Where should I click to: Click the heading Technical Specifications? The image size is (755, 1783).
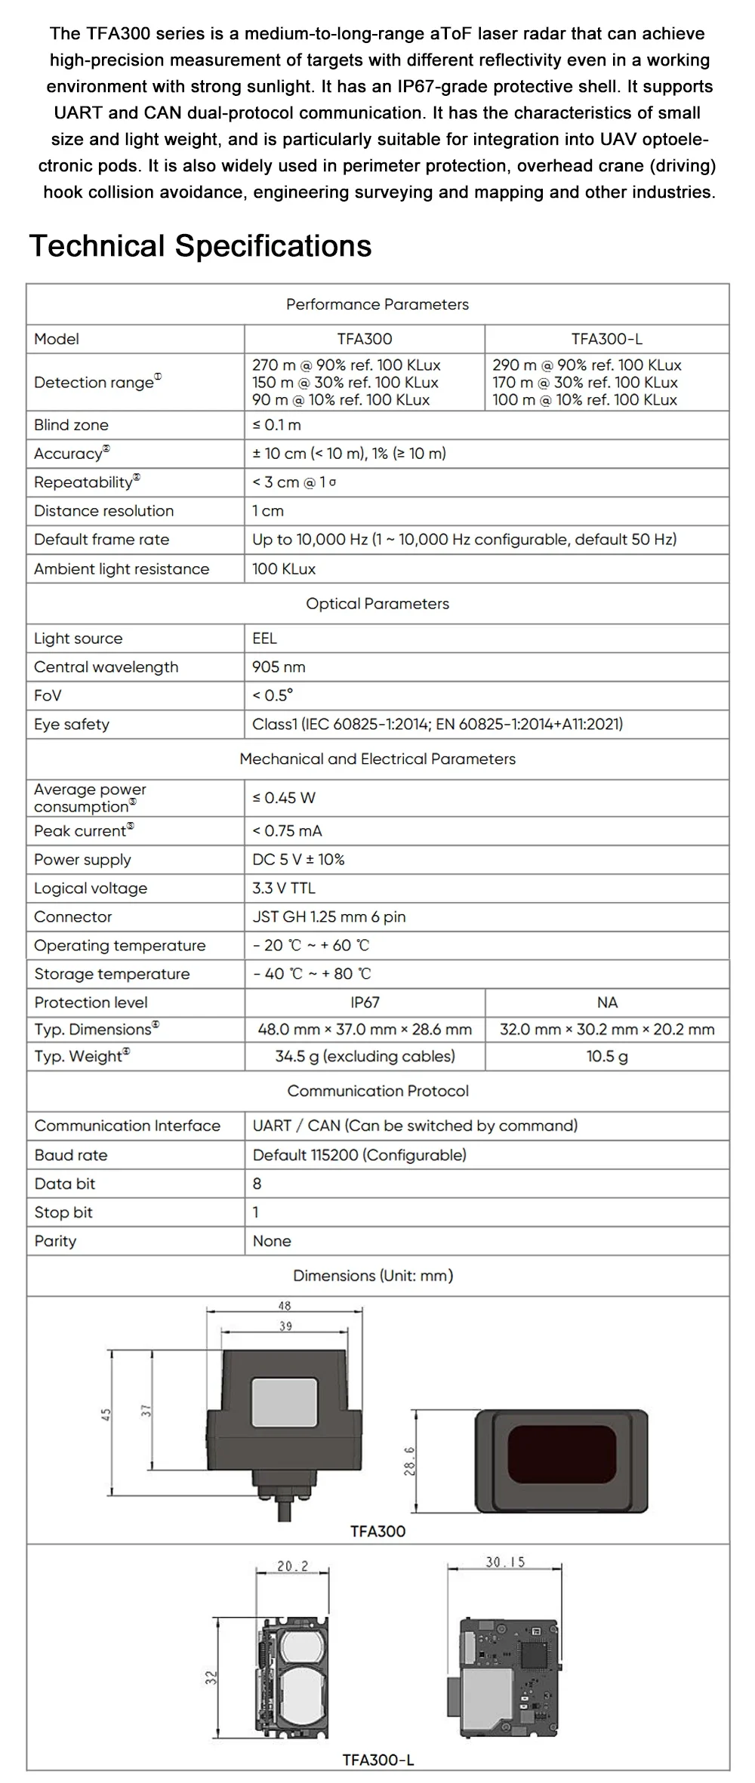click(200, 246)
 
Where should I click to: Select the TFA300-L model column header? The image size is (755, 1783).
click(606, 339)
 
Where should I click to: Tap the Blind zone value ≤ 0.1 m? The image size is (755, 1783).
click(276, 425)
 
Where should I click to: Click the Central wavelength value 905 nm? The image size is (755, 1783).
click(279, 667)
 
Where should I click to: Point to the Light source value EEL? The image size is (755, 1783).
click(264, 639)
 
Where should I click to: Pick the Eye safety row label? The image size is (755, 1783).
click(72, 725)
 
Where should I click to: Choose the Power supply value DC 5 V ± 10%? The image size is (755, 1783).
click(298, 860)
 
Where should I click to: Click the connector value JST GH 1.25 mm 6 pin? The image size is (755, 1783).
click(328, 917)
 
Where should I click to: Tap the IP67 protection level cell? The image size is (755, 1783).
click(365, 1002)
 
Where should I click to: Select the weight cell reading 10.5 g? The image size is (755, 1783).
click(606, 1057)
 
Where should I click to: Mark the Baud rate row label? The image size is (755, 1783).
click(71, 1155)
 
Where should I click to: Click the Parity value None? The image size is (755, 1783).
click(272, 1241)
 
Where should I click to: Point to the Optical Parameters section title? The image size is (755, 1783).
click(377, 604)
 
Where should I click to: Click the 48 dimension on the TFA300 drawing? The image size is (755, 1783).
click(284, 1306)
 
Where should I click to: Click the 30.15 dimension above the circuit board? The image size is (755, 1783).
click(505, 1562)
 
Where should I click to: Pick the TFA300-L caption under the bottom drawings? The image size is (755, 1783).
click(377, 1760)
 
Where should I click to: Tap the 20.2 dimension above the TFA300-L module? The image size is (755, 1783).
click(292, 1566)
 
